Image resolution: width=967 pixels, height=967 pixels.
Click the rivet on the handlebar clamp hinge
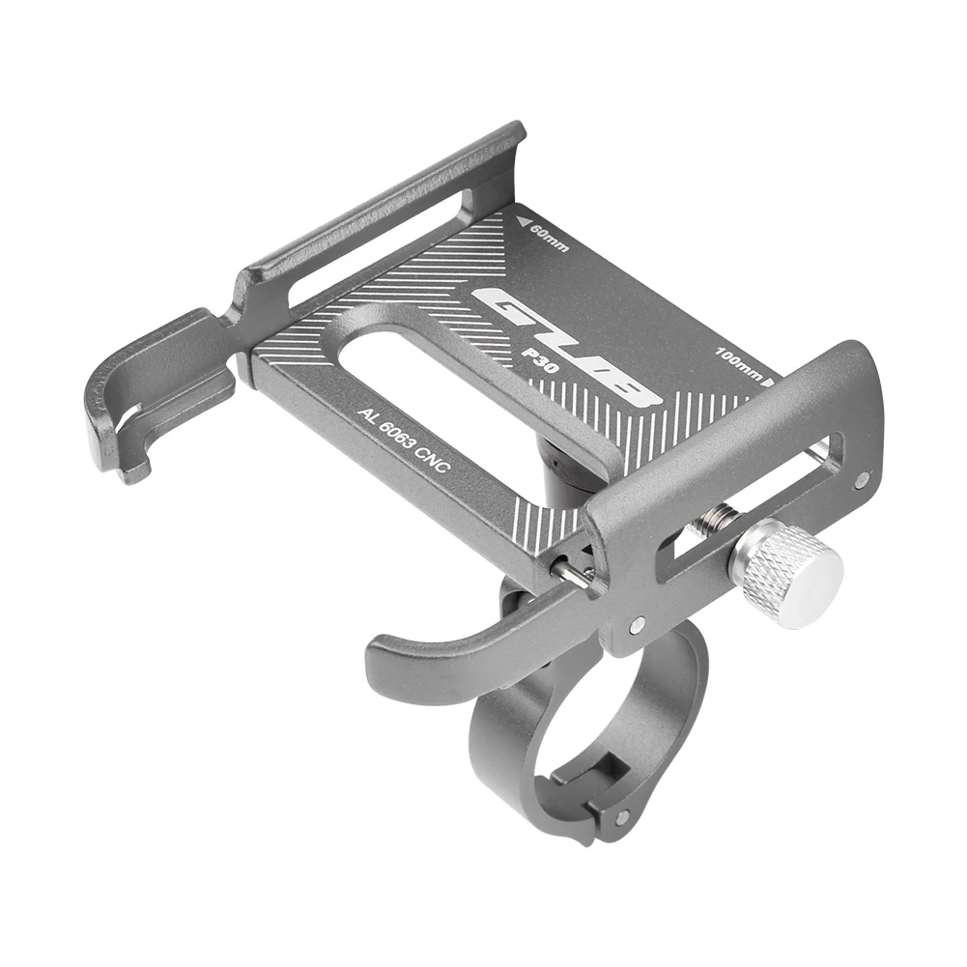[x=619, y=816]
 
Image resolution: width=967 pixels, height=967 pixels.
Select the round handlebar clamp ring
[x=570, y=734]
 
